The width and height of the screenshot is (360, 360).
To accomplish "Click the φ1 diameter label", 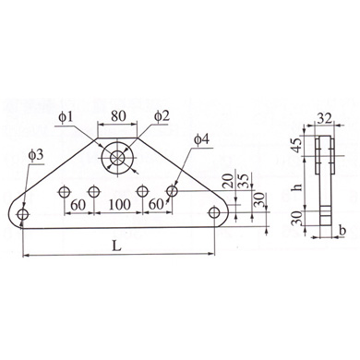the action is [x=66, y=117].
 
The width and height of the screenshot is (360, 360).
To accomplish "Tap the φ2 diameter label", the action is [x=162, y=116].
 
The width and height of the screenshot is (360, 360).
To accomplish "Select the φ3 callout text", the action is [x=36, y=155].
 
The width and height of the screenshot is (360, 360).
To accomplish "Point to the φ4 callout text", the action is [x=202, y=139].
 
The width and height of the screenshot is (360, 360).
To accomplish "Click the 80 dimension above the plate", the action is [x=118, y=116].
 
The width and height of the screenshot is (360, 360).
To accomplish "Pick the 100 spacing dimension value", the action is [x=120, y=204].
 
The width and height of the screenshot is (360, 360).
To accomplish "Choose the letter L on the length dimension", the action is [x=116, y=246].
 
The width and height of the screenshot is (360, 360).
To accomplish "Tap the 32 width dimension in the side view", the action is [x=325, y=118].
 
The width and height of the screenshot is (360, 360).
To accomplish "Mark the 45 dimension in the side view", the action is [x=297, y=146].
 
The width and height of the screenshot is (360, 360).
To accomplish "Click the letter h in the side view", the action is [x=297, y=186].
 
